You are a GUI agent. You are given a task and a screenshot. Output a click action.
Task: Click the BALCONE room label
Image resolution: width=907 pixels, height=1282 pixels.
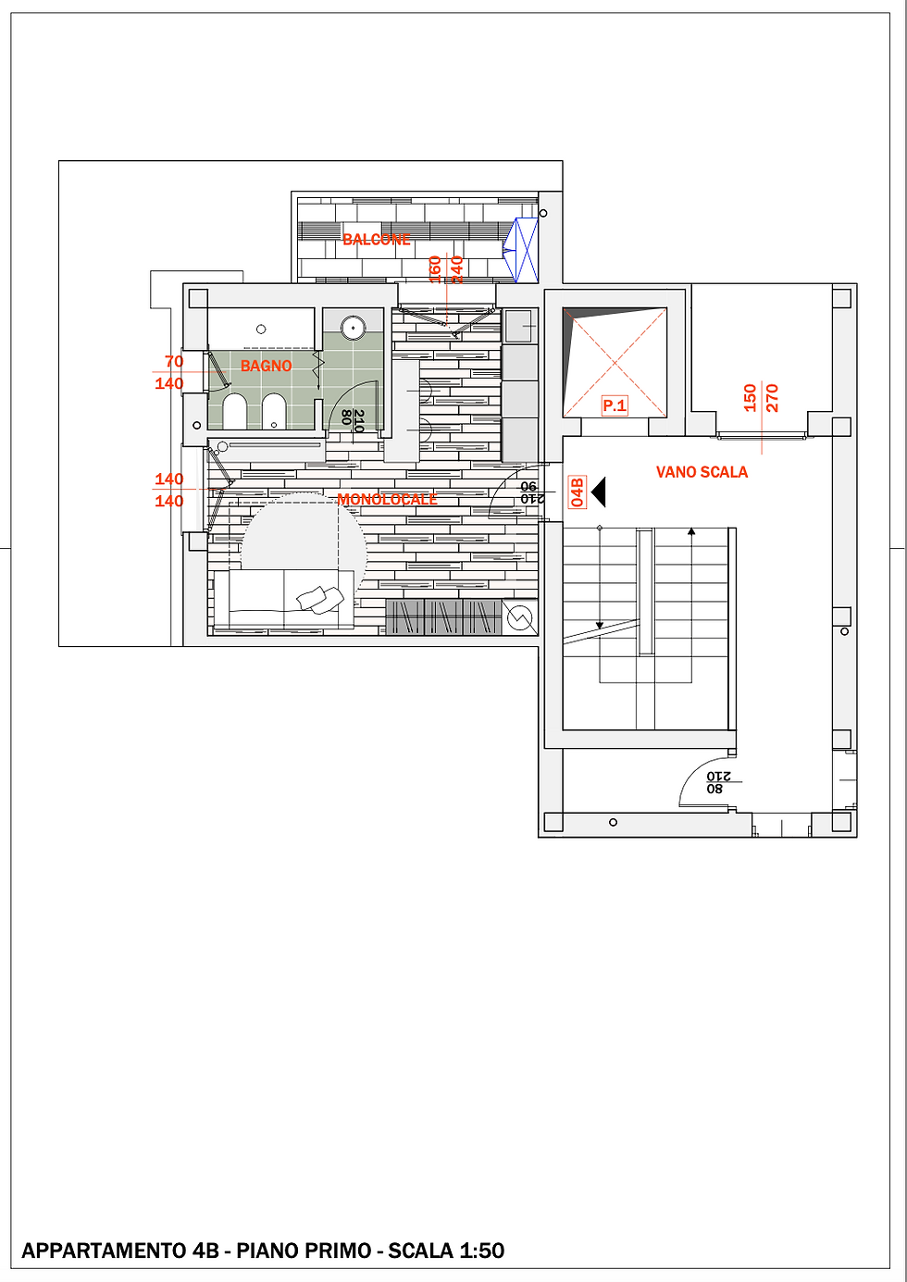tap(377, 240)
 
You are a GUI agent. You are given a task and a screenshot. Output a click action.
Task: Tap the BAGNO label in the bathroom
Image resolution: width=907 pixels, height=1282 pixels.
tap(266, 367)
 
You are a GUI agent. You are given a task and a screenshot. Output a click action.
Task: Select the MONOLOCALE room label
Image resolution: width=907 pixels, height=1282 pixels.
tap(387, 500)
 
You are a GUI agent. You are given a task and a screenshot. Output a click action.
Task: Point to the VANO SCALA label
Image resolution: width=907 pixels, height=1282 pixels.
tap(702, 472)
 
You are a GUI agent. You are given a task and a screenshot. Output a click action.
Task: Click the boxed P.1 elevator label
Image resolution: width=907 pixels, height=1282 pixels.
tap(615, 405)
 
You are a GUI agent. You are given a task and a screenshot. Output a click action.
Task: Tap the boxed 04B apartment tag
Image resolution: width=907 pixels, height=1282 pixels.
tap(578, 492)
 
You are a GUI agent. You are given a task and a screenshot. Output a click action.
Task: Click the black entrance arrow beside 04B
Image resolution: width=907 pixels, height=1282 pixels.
tap(598, 492)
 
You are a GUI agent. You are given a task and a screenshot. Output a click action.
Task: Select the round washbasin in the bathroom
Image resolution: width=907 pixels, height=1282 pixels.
tap(353, 327)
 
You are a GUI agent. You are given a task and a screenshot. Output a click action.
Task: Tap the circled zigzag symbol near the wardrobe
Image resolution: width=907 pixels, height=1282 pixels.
tap(520, 616)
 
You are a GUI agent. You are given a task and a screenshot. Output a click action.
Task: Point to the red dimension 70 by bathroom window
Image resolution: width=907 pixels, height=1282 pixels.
tap(174, 362)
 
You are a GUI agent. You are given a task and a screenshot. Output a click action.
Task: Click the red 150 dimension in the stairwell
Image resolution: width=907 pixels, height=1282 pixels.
tap(750, 398)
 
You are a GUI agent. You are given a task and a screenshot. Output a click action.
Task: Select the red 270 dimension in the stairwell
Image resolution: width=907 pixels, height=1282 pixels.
tap(772, 398)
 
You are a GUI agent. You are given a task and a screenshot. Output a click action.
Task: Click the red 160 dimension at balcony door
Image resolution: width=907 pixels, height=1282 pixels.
tap(435, 268)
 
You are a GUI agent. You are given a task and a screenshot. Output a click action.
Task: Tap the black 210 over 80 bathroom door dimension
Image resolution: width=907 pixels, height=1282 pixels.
tap(353, 419)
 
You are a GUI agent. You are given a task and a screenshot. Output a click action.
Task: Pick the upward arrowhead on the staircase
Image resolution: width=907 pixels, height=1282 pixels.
tap(691, 532)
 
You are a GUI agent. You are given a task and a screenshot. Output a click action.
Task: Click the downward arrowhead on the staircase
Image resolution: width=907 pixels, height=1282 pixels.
tap(600, 626)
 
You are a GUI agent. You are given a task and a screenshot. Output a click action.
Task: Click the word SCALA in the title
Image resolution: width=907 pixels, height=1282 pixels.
tap(421, 1251)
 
